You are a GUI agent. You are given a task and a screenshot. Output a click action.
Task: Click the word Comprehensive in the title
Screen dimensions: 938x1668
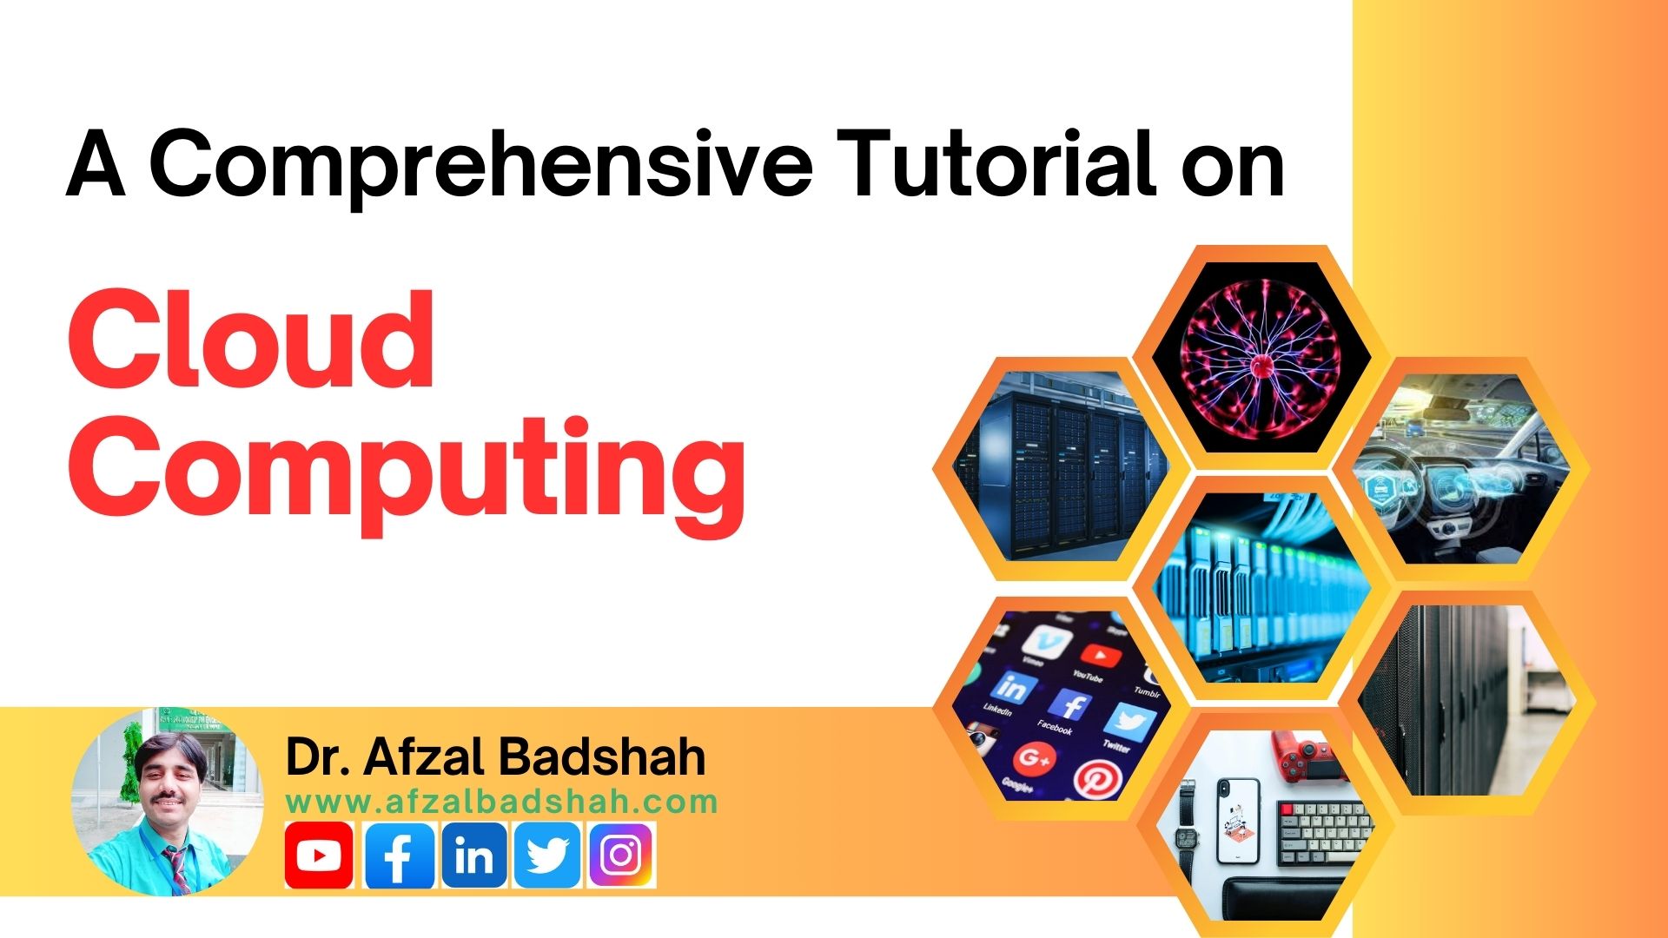[x=483, y=165]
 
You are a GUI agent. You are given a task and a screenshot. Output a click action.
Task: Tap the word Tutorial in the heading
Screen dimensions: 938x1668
[x=1000, y=165]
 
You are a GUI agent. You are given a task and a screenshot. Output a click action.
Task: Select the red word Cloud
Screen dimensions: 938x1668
[x=251, y=340]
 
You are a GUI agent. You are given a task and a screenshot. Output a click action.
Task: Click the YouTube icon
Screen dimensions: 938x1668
[x=319, y=855]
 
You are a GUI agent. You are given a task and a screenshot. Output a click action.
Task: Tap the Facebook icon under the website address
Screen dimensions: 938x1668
[x=399, y=855]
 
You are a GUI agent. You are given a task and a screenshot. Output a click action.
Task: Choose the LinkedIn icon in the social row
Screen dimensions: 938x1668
[x=474, y=855]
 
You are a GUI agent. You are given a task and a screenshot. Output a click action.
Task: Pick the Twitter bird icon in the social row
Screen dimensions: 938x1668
[x=547, y=855]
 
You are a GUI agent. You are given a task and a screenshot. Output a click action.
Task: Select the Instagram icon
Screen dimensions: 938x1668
[x=621, y=855]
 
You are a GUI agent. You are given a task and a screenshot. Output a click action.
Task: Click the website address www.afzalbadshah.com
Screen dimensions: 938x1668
[x=501, y=802]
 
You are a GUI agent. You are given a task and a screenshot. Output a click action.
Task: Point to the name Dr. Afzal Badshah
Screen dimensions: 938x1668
[x=495, y=757]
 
